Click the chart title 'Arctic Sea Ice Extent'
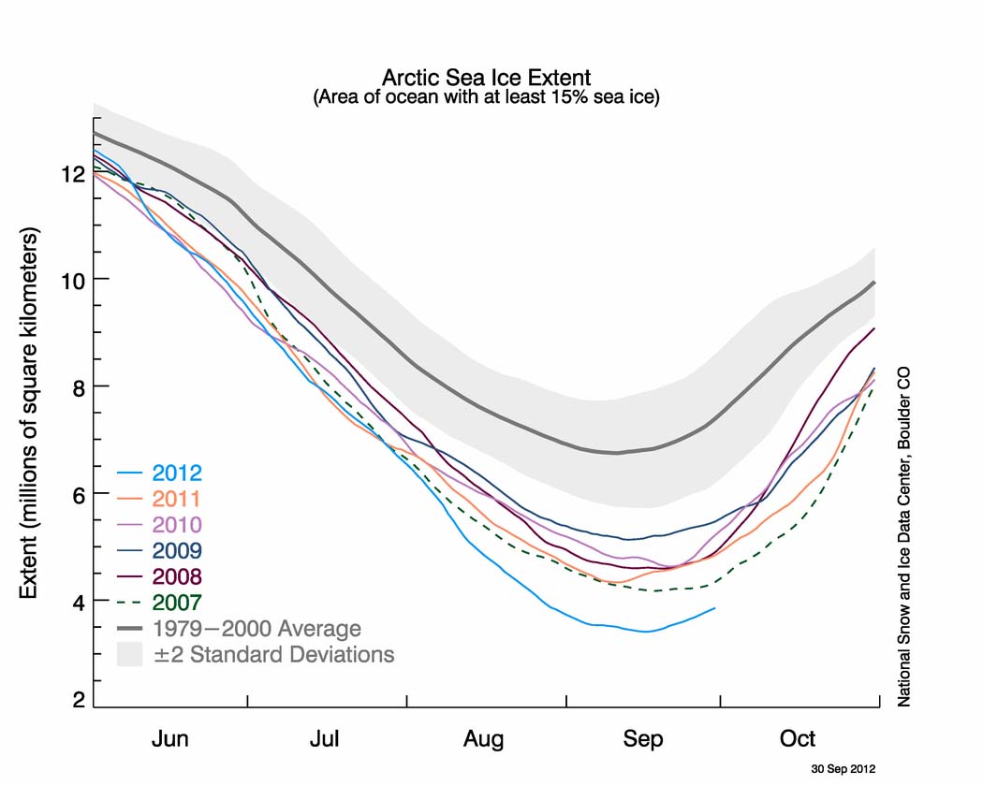pos(486,78)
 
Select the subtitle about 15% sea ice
pos(486,97)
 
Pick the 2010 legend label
pos(177,525)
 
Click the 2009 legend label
pos(177,550)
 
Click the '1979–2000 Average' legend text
pos(257,628)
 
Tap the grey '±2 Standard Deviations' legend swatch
pos(130,654)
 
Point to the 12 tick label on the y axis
pos(73,174)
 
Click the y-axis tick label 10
pos(73,281)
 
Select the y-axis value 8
pos(79,388)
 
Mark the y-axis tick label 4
pos(79,603)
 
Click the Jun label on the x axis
pos(169,738)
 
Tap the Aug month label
pos(483,739)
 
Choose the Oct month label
pos(798,738)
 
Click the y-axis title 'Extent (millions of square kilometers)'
pos(29,413)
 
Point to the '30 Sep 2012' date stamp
pos(844,768)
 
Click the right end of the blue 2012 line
pos(714,608)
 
